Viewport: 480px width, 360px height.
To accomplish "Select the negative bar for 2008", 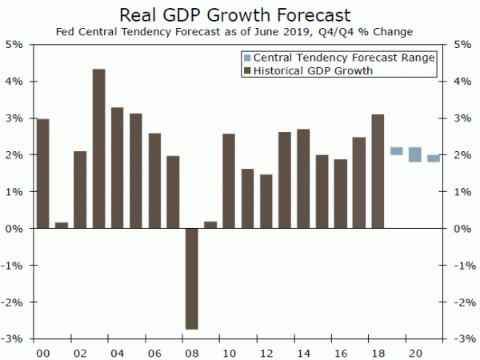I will [x=191, y=278].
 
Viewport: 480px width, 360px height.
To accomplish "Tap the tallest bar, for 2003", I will [x=99, y=148].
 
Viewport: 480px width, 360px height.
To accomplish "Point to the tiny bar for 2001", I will [x=62, y=225].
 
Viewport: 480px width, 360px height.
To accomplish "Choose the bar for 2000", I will [x=43, y=174].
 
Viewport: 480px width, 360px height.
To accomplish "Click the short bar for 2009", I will [x=210, y=225].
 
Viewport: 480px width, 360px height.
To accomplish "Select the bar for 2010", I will [x=229, y=181].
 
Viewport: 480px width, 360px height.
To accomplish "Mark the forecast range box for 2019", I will [x=396, y=151].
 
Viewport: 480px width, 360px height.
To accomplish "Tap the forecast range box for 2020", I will [x=414, y=154].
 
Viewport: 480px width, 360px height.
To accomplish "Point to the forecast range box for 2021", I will [x=433, y=158].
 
